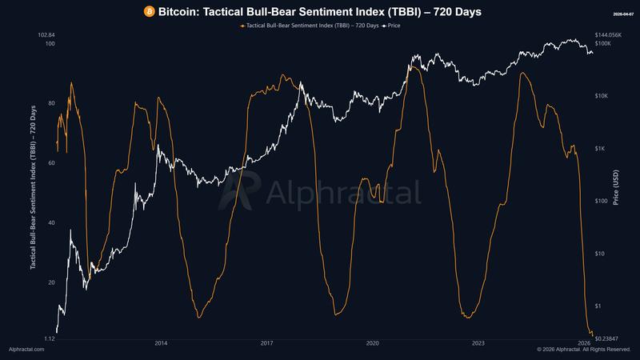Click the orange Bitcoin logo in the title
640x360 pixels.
tap(150, 11)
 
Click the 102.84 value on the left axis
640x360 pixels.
tap(46, 35)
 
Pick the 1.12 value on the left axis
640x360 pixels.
tap(48, 339)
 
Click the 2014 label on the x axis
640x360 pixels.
tap(161, 342)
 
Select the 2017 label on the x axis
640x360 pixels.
tap(266, 342)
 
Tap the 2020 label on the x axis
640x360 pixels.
tap(372, 342)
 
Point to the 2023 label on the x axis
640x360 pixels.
tap(478, 342)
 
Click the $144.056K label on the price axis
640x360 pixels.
tap(610, 35)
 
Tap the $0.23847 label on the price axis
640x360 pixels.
tap(608, 339)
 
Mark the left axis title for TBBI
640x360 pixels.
tap(33, 186)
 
